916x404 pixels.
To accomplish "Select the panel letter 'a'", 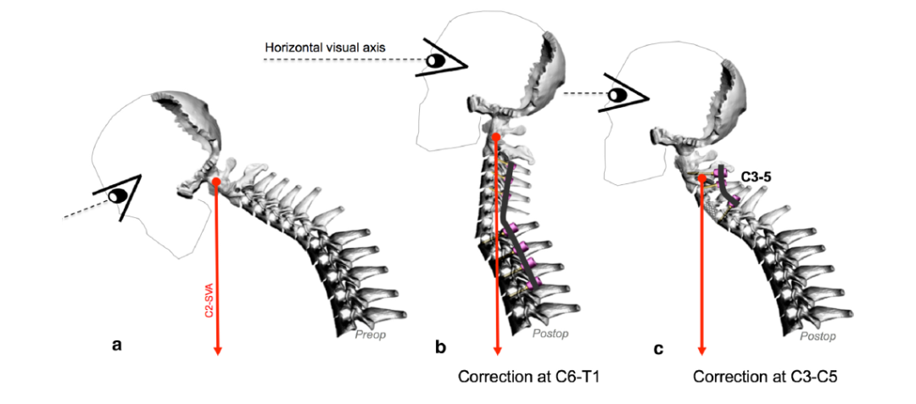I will tap(117, 345).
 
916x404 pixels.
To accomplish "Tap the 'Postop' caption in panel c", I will tap(817, 336).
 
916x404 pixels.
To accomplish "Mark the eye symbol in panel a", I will tap(120, 196).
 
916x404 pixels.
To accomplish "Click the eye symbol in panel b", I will tap(438, 61).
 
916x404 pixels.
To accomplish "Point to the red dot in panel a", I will tap(217, 182).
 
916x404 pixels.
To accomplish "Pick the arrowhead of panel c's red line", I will tap(701, 350).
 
